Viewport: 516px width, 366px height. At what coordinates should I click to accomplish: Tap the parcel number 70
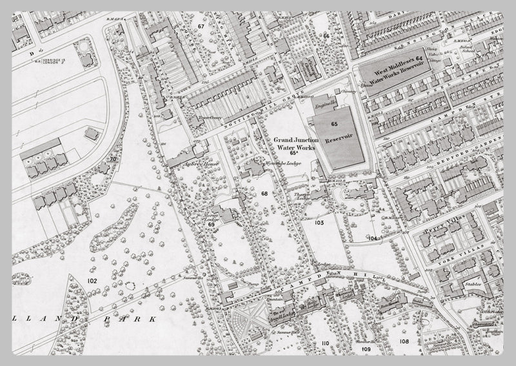click(112, 159)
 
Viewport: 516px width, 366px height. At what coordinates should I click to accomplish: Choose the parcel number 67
click(201, 26)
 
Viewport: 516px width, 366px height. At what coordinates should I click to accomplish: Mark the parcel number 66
click(326, 36)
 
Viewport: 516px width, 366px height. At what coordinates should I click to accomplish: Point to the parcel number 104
click(372, 238)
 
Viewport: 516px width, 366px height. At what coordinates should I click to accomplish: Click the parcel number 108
click(404, 340)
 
